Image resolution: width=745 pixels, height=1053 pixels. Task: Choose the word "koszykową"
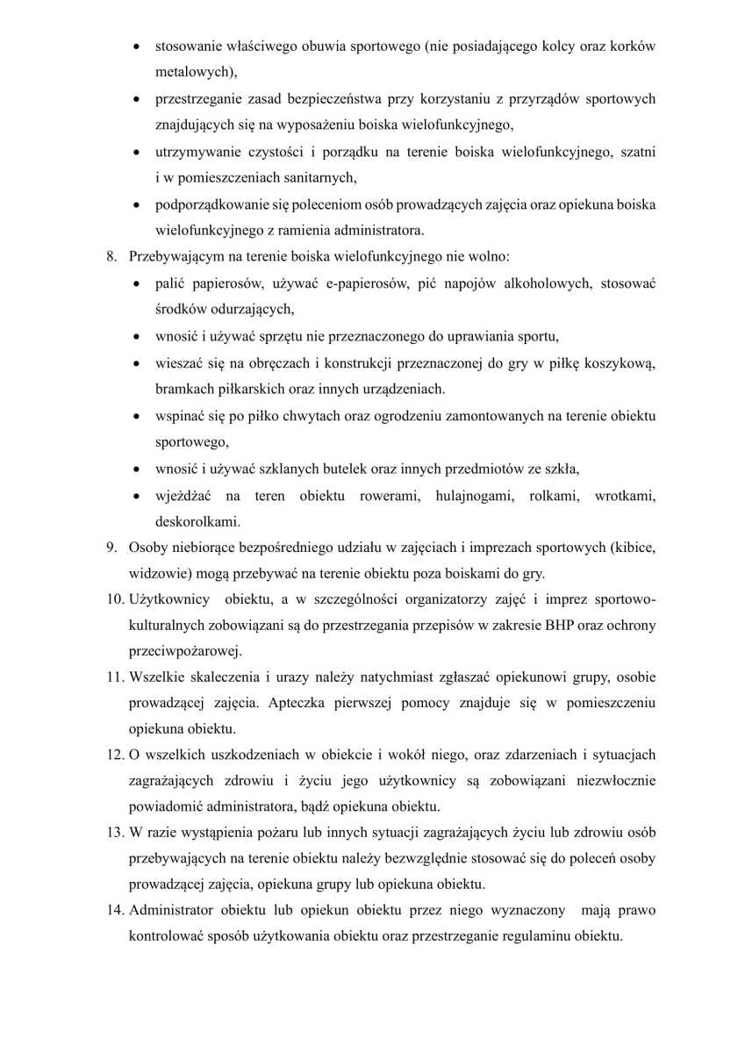620,362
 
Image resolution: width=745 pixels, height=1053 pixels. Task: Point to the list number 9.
111,548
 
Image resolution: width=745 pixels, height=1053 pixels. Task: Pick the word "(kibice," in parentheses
628,548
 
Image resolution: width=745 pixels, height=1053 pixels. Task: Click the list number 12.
115,755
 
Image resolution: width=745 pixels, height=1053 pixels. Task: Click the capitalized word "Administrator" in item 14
173,910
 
